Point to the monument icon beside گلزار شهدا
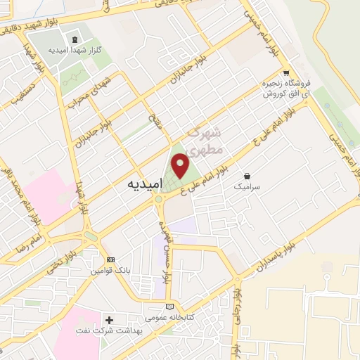click(74, 37)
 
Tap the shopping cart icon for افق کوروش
click(285, 73)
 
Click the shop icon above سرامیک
click(247, 175)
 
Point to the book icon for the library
click(169, 307)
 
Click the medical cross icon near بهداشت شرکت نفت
click(109, 320)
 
